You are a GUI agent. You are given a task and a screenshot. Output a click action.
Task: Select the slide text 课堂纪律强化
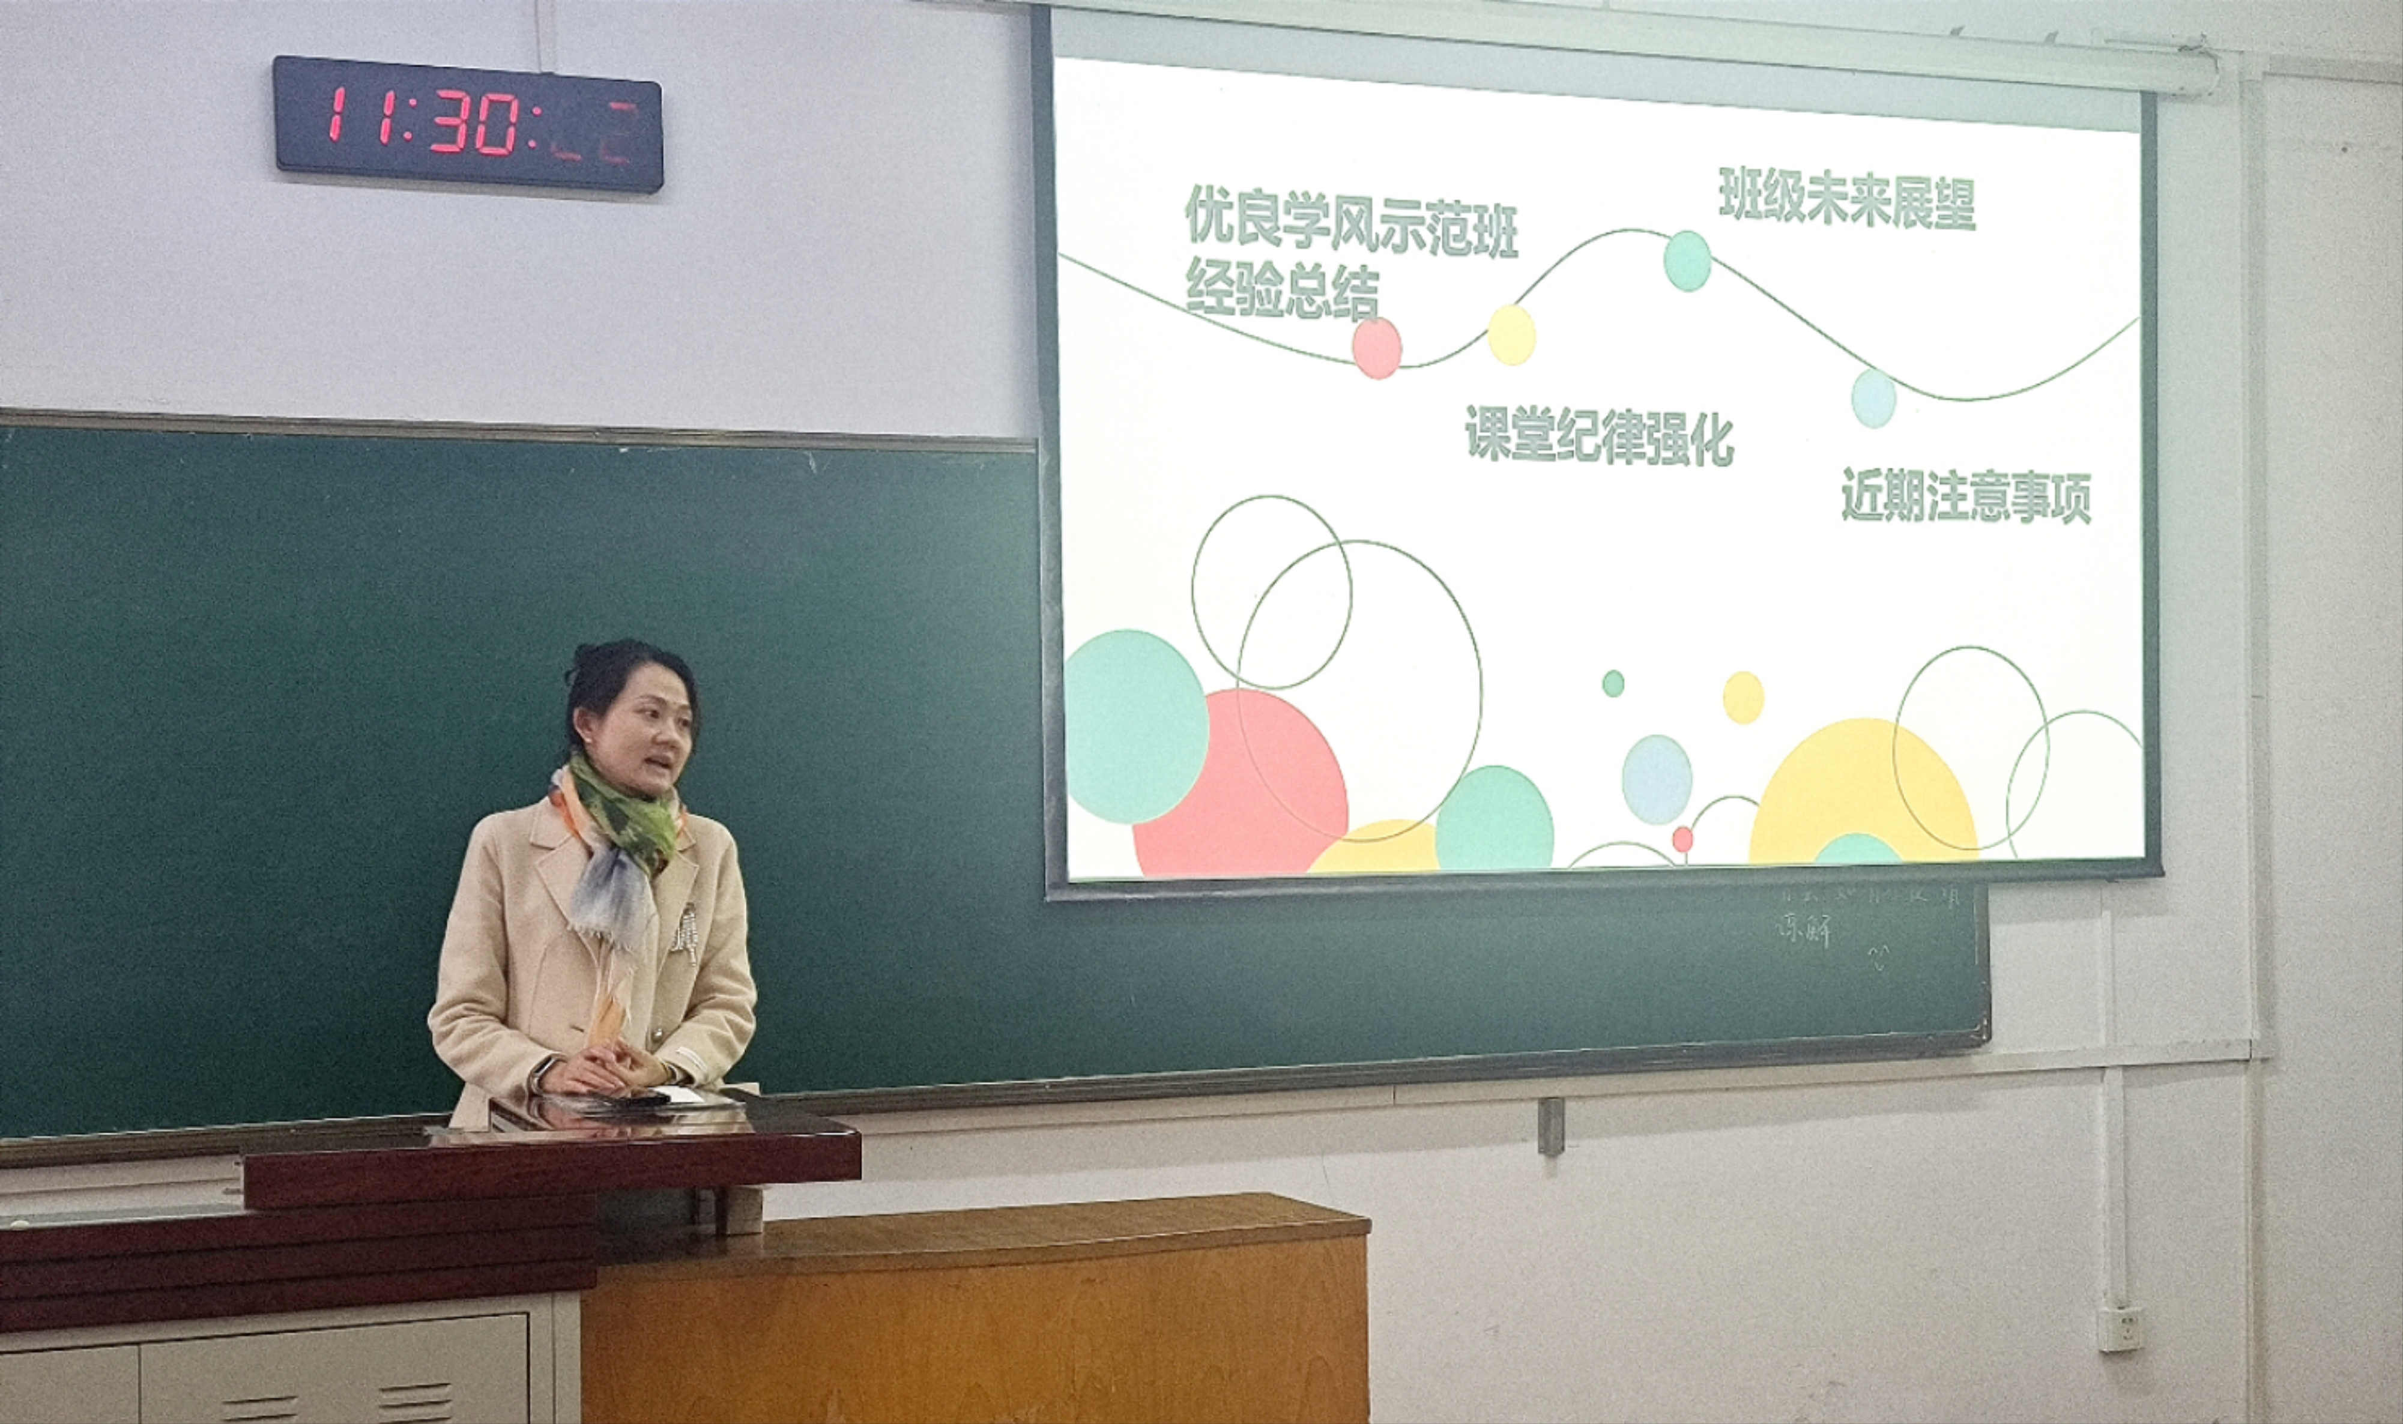pos(1599,435)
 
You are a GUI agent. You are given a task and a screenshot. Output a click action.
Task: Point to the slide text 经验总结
pos(1282,290)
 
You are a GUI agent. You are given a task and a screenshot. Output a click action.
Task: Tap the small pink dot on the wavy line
pos(1377,348)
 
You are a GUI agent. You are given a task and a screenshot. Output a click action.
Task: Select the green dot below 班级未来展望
pos(1687,260)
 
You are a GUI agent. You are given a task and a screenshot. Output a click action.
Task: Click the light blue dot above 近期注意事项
pos(1873,398)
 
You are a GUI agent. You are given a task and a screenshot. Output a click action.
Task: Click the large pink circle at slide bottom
pos(1240,784)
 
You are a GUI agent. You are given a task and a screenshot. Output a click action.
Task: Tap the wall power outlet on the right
pos(2118,1328)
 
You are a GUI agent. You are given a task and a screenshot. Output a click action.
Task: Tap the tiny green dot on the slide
pos(1613,683)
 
